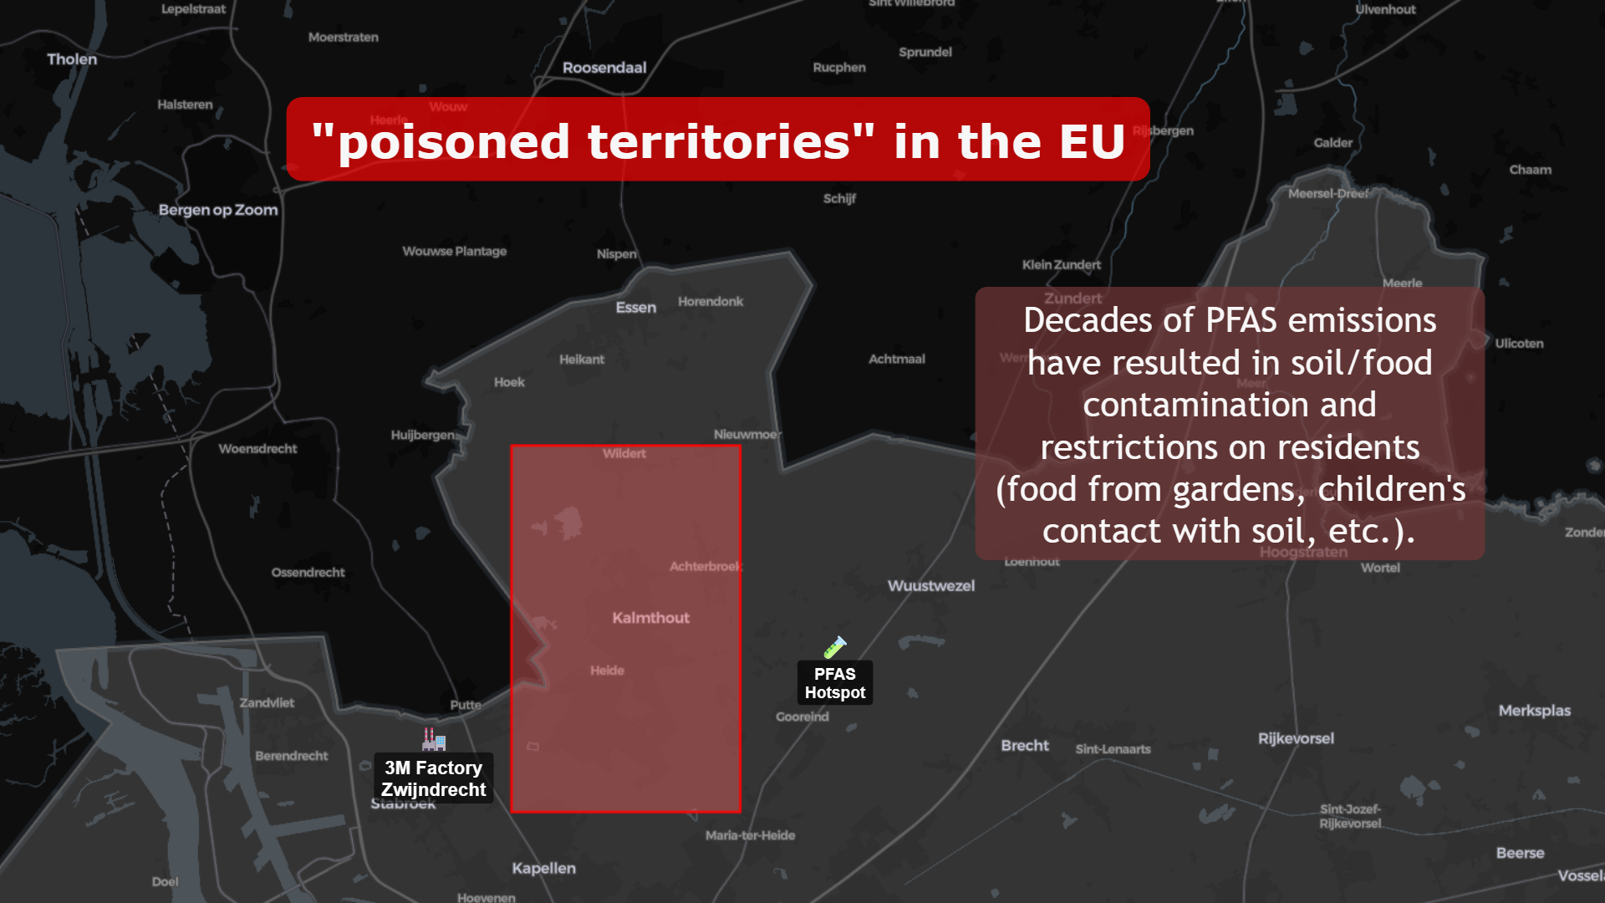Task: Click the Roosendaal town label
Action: click(x=604, y=68)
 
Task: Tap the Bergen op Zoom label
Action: click(x=218, y=210)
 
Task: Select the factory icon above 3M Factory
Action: click(x=433, y=739)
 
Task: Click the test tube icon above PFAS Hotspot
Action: click(x=834, y=647)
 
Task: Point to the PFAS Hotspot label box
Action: click(x=834, y=683)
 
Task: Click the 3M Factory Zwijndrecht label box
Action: click(x=433, y=778)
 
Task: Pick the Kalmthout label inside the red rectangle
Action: click(x=650, y=618)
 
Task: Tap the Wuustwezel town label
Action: click(x=930, y=586)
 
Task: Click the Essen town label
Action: click(x=635, y=308)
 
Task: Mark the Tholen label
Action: click(x=72, y=59)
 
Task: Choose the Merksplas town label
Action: click(x=1534, y=711)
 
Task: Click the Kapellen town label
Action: click(x=543, y=868)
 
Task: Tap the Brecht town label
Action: click(x=1024, y=746)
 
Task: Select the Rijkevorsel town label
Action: click(x=1296, y=738)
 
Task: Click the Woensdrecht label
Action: click(x=257, y=449)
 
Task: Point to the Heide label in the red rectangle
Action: click(x=607, y=671)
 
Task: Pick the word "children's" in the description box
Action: click(x=1391, y=489)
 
